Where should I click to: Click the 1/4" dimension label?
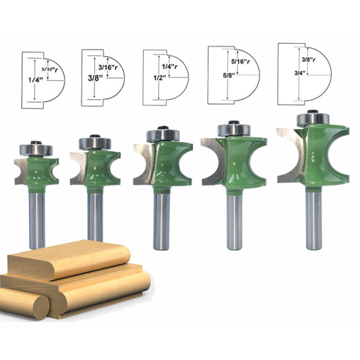click(x=32, y=80)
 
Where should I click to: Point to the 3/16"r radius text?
click(x=108, y=68)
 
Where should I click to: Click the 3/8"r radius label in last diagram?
click(x=309, y=60)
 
